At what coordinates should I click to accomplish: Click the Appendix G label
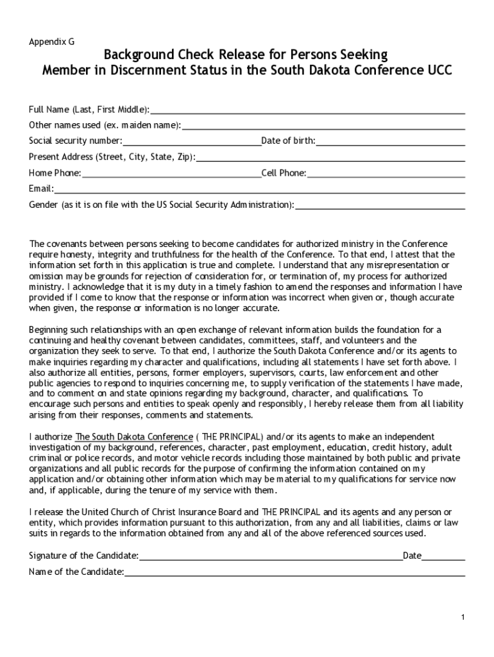click(51, 42)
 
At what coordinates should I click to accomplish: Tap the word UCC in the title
click(436, 71)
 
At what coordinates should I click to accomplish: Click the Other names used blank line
click(323, 126)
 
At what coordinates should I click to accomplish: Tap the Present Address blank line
click(330, 158)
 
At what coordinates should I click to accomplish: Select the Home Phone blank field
click(171, 175)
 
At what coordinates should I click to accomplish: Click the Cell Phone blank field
click(386, 175)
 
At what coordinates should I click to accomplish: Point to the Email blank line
click(259, 191)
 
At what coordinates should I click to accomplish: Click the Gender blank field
click(380, 207)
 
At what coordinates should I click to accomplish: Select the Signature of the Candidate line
click(270, 558)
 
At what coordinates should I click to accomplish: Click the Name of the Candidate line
click(294, 574)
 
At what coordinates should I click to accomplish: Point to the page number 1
click(462, 617)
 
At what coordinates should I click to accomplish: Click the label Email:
click(41, 189)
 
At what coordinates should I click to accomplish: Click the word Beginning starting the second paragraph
click(50, 330)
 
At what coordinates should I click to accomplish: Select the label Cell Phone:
click(284, 173)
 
